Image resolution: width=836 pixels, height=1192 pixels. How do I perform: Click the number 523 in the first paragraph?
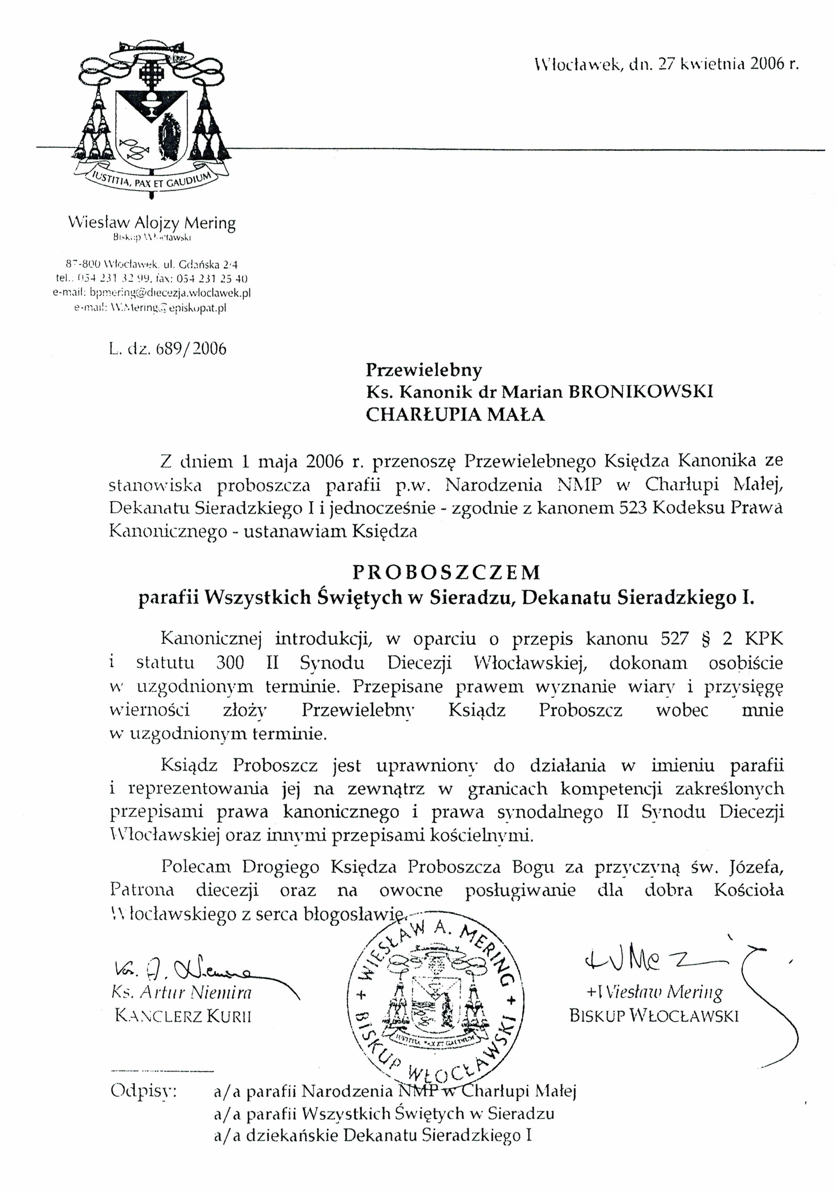(x=632, y=508)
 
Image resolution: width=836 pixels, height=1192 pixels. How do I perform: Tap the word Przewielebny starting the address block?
(x=424, y=370)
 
